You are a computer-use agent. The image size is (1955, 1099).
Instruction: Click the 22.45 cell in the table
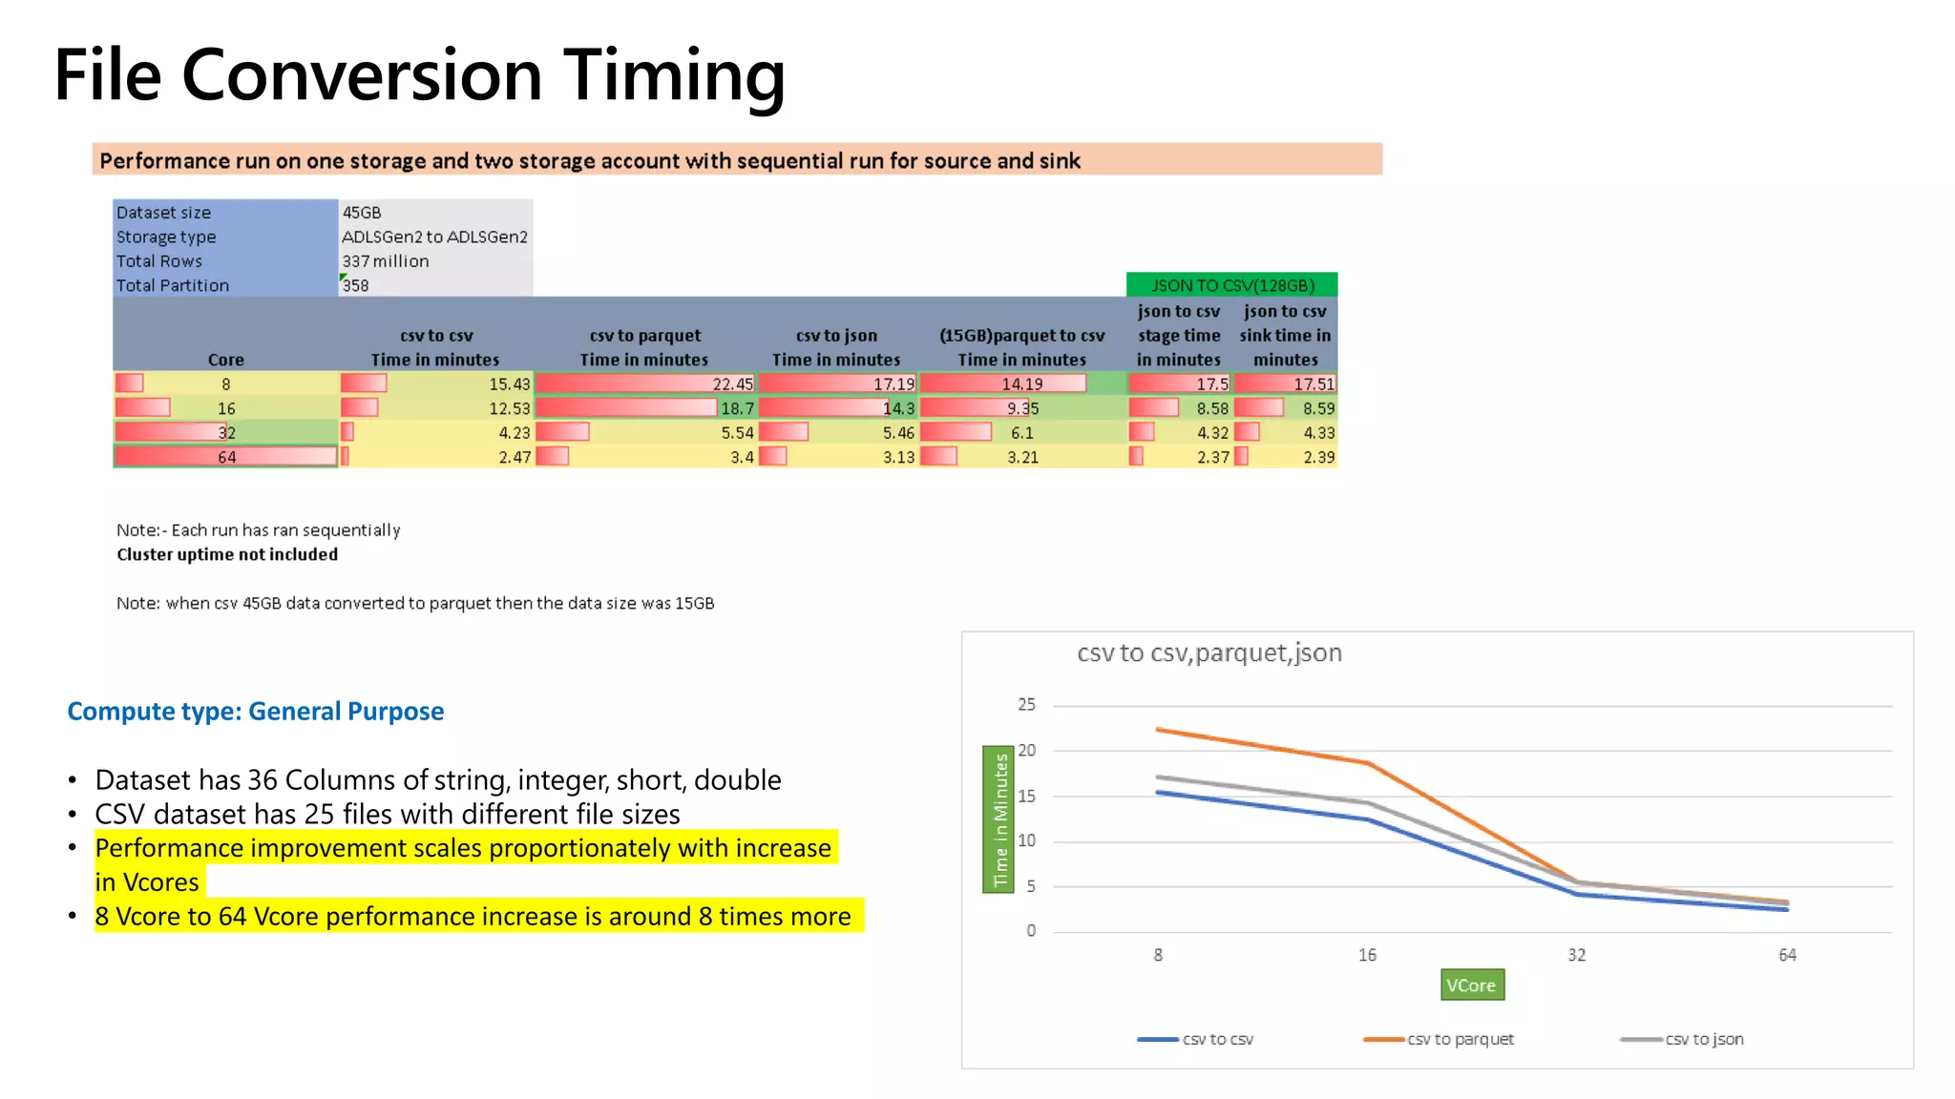pos(732,384)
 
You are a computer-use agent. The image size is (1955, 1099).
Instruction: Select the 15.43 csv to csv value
pos(509,384)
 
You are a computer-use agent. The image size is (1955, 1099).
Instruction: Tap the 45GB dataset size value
pos(362,212)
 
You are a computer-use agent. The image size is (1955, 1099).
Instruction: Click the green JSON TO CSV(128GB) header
pos(1231,285)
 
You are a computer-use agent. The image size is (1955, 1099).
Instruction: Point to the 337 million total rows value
pos(386,260)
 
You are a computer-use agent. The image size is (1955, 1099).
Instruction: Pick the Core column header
pos(226,360)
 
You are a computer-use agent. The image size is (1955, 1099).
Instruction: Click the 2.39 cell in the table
pos(1318,457)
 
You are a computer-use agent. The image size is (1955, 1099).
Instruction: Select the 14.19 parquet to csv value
pos(1021,384)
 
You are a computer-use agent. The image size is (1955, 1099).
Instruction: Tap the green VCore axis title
pos(1471,985)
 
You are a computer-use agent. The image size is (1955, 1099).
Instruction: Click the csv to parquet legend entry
pos(1459,1039)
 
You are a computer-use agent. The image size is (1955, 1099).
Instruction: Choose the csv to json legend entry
pos(1703,1039)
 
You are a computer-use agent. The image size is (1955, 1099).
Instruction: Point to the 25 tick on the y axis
pos(1026,704)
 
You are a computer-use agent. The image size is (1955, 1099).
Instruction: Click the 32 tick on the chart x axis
pos(1577,955)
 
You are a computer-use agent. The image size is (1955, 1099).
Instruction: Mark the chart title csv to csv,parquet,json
pos(1209,653)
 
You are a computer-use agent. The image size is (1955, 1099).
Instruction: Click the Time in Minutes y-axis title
pos(999,819)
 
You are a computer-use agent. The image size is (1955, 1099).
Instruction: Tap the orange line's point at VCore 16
pos(1368,763)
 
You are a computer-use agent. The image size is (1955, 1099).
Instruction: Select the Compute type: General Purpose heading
pos(256,711)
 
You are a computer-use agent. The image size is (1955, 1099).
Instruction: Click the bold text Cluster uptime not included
pos(227,554)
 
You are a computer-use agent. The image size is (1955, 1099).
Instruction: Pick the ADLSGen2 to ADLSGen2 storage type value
pos(434,237)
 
